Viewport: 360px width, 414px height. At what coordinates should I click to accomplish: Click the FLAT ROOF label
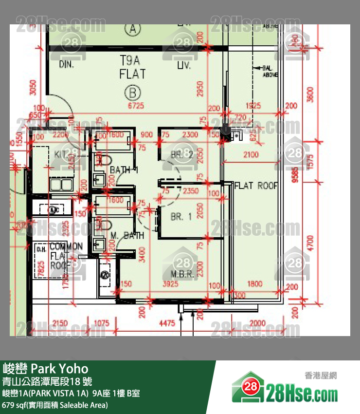(x=256, y=186)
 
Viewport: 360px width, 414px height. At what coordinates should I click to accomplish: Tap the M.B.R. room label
(x=182, y=274)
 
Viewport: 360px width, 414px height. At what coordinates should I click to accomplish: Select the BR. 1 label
(x=181, y=217)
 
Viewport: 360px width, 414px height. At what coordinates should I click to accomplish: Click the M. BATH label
(x=127, y=236)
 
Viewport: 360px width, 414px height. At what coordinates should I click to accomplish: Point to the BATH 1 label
(x=124, y=170)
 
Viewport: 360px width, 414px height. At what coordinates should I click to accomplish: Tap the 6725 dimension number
(x=136, y=105)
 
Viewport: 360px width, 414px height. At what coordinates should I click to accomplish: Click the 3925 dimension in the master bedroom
(x=171, y=284)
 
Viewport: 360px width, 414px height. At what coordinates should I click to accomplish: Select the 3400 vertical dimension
(x=142, y=254)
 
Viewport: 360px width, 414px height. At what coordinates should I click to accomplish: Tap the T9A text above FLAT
(x=130, y=60)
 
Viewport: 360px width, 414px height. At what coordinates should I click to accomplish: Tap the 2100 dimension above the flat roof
(x=251, y=155)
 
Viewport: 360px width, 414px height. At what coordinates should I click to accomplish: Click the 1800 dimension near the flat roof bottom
(x=254, y=284)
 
